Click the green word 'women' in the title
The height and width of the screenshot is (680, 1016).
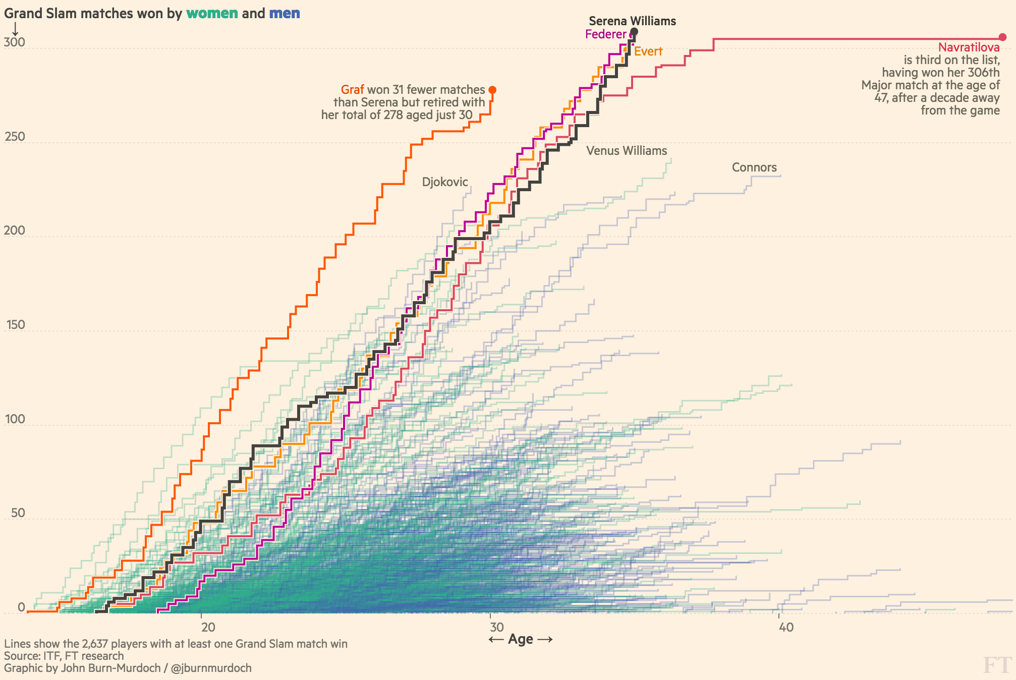point(212,14)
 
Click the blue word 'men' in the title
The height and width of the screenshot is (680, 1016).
point(285,14)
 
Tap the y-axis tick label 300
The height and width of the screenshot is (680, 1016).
point(14,42)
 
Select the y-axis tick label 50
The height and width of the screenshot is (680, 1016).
point(17,513)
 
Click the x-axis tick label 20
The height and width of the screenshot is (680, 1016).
point(208,628)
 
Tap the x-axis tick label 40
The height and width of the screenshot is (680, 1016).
point(786,628)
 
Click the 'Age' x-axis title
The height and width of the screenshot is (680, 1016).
point(521,639)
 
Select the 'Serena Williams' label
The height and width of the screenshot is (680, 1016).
point(632,21)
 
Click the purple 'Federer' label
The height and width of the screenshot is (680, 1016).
point(605,34)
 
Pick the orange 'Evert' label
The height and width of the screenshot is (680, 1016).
point(648,51)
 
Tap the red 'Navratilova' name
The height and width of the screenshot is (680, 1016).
point(969,47)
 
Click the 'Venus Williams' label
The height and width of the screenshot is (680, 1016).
point(627,151)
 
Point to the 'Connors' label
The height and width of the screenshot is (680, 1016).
point(754,167)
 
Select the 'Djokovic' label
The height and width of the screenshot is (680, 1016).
point(445,182)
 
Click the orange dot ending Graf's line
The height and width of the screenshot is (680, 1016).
point(492,90)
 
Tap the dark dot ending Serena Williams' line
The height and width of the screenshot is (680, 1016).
point(635,32)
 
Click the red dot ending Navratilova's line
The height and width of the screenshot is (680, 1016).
point(1003,37)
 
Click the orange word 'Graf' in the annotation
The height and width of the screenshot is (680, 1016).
point(352,90)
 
